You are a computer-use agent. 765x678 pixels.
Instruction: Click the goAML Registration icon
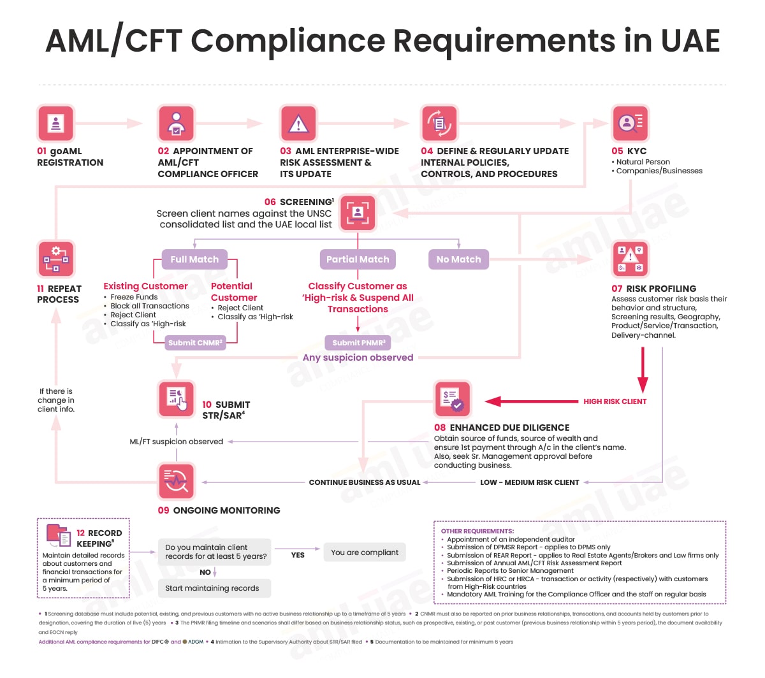click(x=55, y=123)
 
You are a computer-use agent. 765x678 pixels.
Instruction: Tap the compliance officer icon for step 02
click(x=176, y=123)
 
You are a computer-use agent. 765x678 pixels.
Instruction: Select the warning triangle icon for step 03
click(x=298, y=123)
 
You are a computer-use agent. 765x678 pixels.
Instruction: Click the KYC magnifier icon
click(x=629, y=123)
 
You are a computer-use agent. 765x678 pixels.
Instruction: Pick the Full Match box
click(x=194, y=259)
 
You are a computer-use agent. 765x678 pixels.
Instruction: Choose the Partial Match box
click(x=357, y=259)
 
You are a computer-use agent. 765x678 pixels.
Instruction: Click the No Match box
click(x=458, y=259)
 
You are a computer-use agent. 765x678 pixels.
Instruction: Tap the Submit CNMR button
click(x=195, y=342)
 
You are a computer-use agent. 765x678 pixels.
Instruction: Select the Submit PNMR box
click(x=358, y=342)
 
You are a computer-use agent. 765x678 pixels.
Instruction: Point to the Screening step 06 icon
click(x=358, y=213)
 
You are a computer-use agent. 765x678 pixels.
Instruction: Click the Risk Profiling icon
click(x=629, y=259)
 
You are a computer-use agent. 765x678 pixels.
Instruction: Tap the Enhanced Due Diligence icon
click(x=453, y=399)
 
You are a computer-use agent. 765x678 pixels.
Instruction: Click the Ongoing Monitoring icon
click(x=176, y=481)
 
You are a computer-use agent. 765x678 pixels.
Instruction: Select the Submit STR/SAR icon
click(x=176, y=399)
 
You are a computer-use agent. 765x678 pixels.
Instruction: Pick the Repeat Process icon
click(x=55, y=259)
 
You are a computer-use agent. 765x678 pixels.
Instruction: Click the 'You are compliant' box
click(x=365, y=552)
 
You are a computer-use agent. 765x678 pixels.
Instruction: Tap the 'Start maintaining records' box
click(x=214, y=588)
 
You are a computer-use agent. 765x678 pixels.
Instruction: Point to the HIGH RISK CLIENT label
click(x=615, y=401)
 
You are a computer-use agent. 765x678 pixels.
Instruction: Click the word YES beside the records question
click(x=298, y=554)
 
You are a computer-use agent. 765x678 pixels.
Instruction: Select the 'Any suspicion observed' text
click(x=358, y=357)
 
